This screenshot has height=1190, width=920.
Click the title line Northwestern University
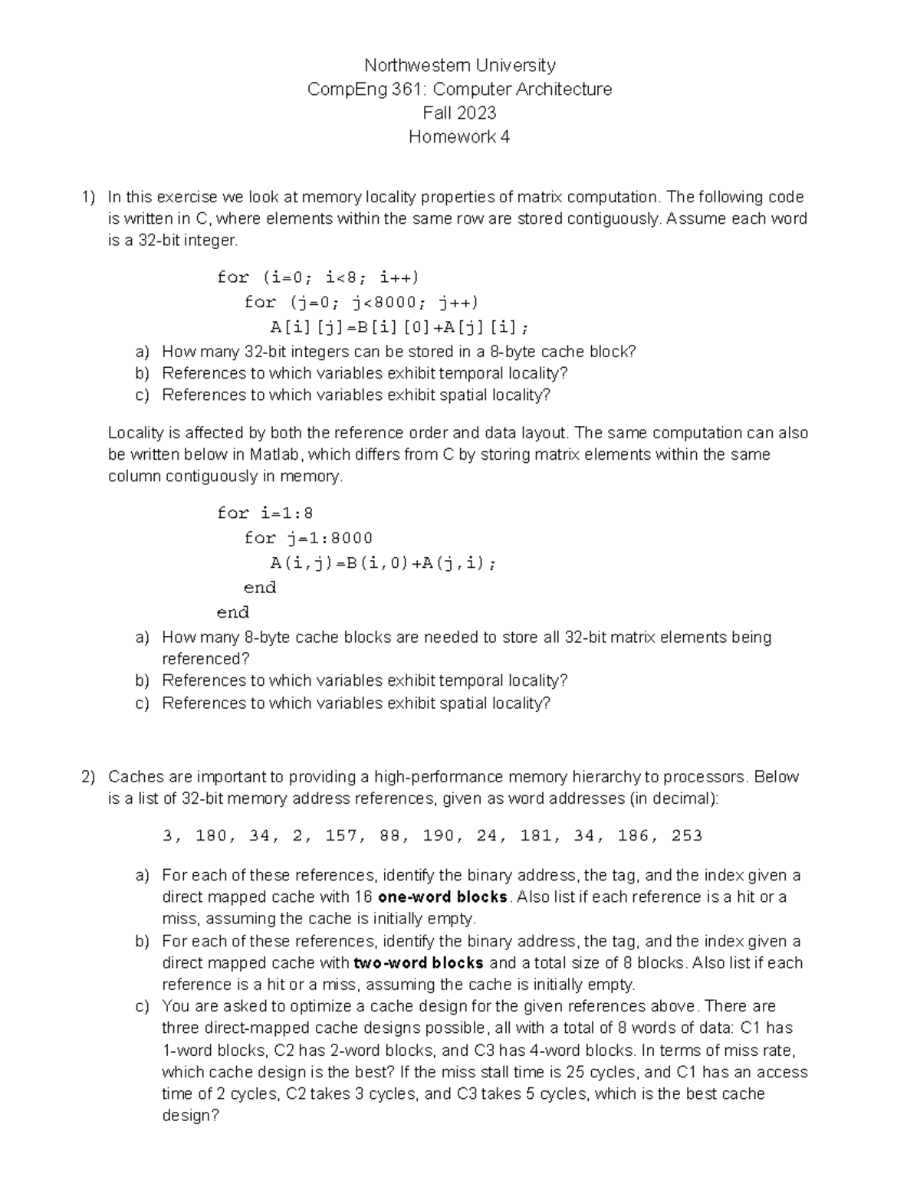(459, 65)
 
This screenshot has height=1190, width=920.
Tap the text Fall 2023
(459, 113)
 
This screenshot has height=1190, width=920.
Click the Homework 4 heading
(459, 137)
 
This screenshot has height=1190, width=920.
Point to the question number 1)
(88, 197)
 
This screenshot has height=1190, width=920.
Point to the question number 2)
(88, 777)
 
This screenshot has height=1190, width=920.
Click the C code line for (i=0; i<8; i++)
(317, 277)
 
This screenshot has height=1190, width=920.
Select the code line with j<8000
(361, 302)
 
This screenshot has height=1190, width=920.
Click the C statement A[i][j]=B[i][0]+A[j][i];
(399, 327)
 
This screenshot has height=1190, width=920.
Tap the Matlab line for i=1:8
(264, 513)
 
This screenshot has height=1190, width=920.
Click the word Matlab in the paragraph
(277, 454)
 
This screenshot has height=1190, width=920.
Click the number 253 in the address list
(686, 836)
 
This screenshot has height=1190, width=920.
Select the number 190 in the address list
(439, 836)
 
